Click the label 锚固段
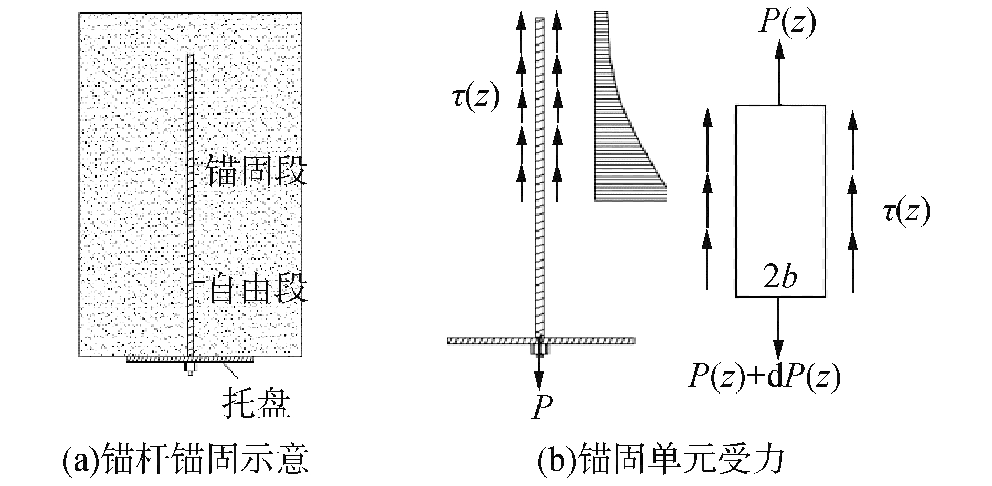coord(256,170)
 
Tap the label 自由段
coord(258,289)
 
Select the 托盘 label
coord(257,402)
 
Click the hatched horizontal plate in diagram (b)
coord(541,340)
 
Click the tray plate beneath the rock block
coord(190,360)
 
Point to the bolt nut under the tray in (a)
coord(190,368)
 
